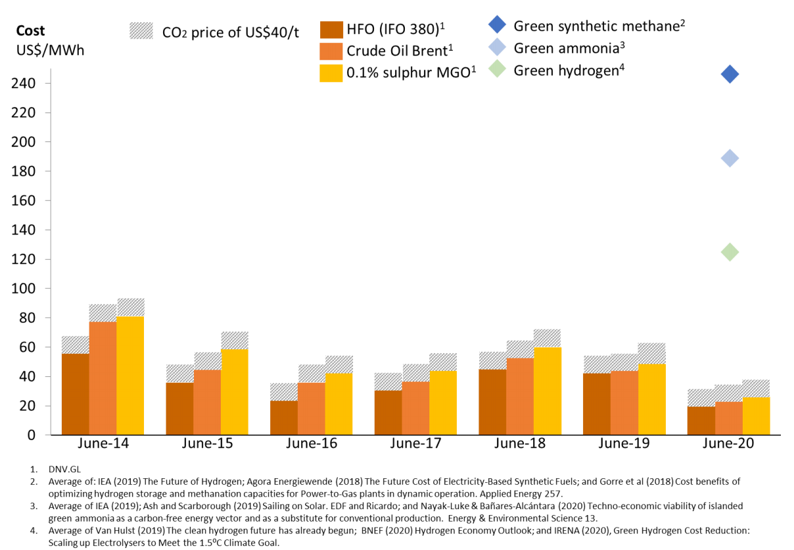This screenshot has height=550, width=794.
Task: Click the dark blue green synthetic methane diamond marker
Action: tap(730, 74)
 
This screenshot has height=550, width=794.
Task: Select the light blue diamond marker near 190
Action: tap(730, 158)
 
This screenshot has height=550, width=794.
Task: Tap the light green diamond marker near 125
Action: tap(730, 252)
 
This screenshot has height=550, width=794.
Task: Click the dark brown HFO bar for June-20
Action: tap(701, 421)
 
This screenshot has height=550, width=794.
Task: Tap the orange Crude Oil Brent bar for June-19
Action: tap(624, 403)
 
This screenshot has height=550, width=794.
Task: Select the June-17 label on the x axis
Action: tap(416, 443)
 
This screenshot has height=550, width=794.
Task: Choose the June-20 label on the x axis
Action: tap(729, 443)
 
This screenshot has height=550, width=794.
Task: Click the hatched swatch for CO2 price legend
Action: tap(140, 31)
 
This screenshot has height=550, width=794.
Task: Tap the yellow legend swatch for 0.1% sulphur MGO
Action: tap(331, 73)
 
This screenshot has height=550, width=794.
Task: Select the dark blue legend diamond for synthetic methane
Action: tap(498, 26)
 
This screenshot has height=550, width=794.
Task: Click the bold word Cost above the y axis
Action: tap(31, 31)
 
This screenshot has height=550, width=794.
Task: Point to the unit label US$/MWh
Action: tap(50, 51)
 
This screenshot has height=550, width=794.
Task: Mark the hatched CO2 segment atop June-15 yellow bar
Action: tap(234, 341)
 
